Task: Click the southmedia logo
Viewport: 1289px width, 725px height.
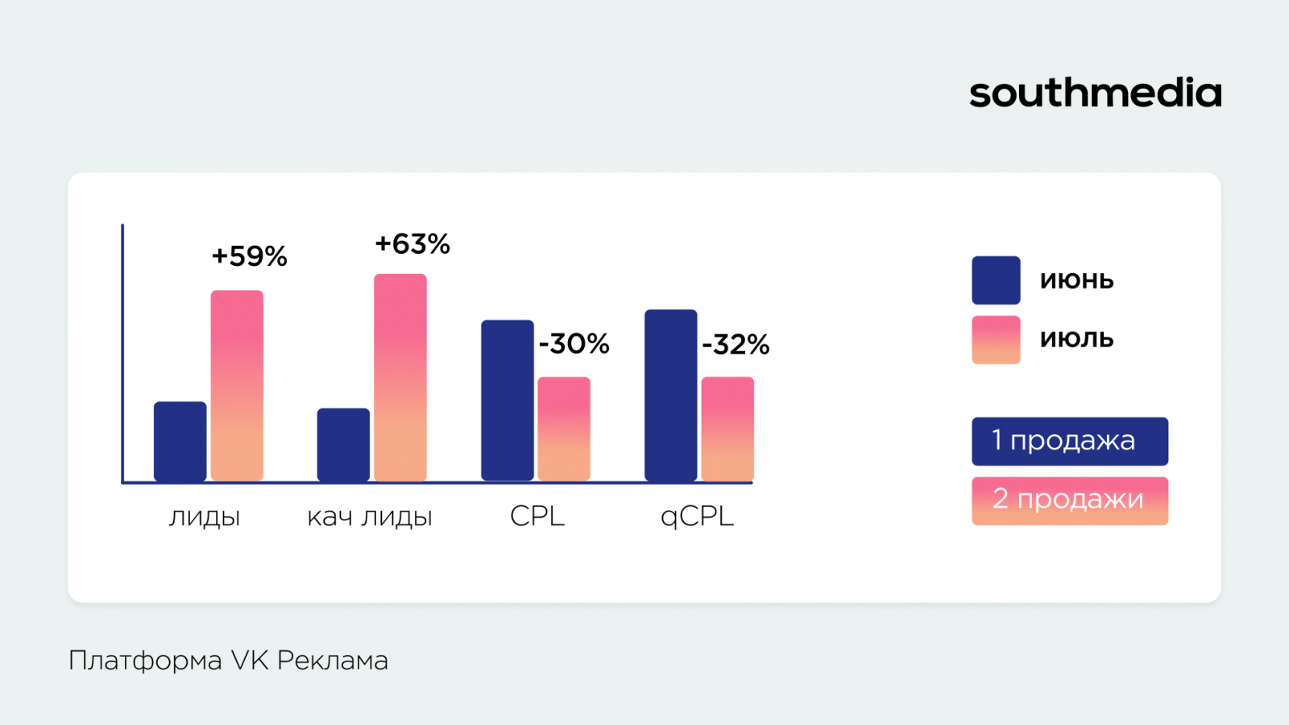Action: click(x=1095, y=93)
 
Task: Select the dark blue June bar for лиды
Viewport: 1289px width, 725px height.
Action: click(x=180, y=441)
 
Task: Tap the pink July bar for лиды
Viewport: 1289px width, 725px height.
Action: click(x=237, y=385)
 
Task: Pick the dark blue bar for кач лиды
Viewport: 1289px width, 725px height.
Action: click(x=343, y=445)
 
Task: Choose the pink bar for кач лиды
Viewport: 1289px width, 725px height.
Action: click(x=400, y=377)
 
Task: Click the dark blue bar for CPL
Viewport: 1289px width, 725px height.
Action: click(x=508, y=400)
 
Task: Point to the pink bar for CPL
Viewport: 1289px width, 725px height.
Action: click(x=564, y=429)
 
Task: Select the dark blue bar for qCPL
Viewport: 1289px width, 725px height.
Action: click(x=671, y=396)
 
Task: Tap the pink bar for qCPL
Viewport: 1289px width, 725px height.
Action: click(x=727, y=429)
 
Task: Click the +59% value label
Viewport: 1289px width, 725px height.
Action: click(x=250, y=256)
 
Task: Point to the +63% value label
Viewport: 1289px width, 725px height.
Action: click(x=412, y=244)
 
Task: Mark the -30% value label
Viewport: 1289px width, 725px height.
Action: click(x=574, y=344)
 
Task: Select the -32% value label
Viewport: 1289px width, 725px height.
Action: click(x=736, y=345)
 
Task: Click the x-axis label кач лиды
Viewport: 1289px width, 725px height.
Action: click(x=370, y=516)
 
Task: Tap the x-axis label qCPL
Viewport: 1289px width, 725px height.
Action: click(x=697, y=516)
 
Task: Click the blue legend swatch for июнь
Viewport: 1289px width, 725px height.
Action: click(x=996, y=280)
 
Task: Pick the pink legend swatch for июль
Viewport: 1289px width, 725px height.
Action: click(x=996, y=340)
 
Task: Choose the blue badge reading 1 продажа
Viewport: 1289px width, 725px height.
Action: click(x=1070, y=441)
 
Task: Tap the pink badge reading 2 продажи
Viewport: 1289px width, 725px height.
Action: click(x=1070, y=500)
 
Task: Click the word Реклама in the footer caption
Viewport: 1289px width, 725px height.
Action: click(x=333, y=661)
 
